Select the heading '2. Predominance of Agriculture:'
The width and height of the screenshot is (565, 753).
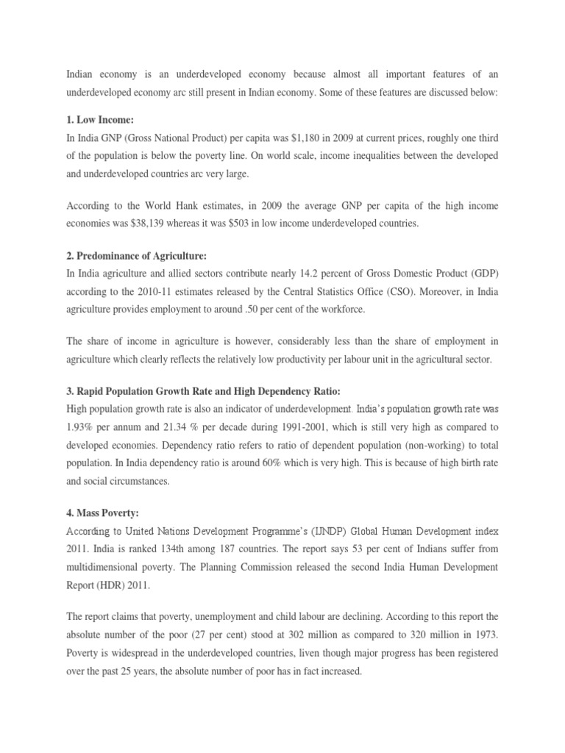coord(137,256)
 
